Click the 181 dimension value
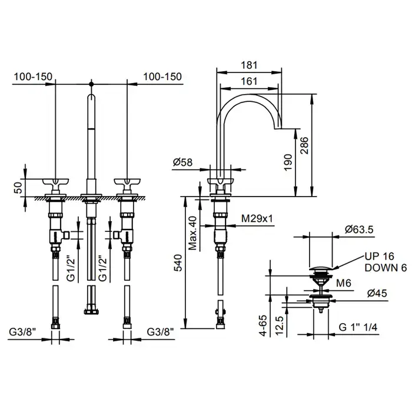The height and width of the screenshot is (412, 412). click(x=249, y=65)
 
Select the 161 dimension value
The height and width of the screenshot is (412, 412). click(x=249, y=81)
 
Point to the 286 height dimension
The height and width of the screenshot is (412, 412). click(x=304, y=145)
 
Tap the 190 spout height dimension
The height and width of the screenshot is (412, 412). click(x=288, y=162)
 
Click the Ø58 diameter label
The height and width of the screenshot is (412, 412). click(x=182, y=162)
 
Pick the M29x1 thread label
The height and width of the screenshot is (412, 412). click(x=257, y=218)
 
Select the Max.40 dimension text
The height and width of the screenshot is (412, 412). click(x=193, y=233)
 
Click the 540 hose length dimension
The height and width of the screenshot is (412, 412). click(x=178, y=263)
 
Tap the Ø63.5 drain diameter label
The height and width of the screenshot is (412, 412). click(x=359, y=230)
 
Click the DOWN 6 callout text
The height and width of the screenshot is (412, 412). click(x=386, y=268)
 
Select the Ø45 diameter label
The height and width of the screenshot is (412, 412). click(x=377, y=293)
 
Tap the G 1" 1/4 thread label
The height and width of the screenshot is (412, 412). click(x=358, y=327)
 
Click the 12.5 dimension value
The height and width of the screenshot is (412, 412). click(x=280, y=325)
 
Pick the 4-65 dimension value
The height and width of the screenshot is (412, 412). click(x=263, y=325)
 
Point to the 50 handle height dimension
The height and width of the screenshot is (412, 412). click(x=18, y=188)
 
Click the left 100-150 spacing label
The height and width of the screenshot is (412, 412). click(x=33, y=77)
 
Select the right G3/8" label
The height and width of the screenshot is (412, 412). click(x=160, y=332)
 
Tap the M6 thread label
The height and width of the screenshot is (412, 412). click(x=344, y=283)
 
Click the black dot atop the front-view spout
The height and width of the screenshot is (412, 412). click(x=91, y=84)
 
